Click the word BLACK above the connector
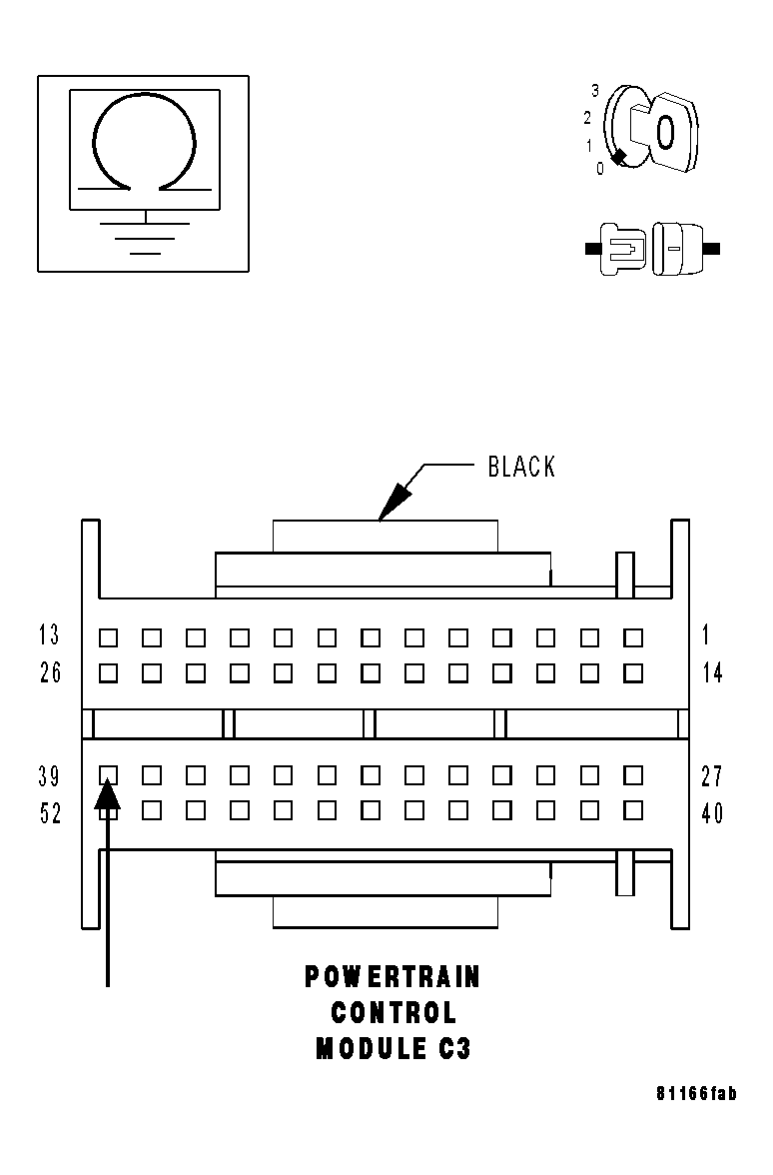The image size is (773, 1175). pyautogui.click(x=521, y=467)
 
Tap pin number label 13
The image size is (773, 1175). pyautogui.click(x=50, y=634)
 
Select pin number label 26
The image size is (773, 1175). pyautogui.click(x=50, y=673)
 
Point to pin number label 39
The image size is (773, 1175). pyautogui.click(x=50, y=776)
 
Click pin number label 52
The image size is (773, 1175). pyautogui.click(x=50, y=814)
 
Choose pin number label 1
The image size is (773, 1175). pyautogui.click(x=706, y=634)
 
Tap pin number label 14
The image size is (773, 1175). pyautogui.click(x=712, y=673)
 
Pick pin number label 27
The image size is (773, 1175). pyautogui.click(x=712, y=776)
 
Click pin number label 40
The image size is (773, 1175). pyautogui.click(x=712, y=814)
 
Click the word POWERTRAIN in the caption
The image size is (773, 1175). pyautogui.click(x=392, y=977)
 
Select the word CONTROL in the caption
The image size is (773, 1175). pyautogui.click(x=393, y=1013)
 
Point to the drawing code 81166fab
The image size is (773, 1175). pyautogui.click(x=696, y=1094)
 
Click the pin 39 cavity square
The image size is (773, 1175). pyautogui.click(x=109, y=774)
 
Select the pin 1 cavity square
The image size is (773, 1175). pyautogui.click(x=632, y=636)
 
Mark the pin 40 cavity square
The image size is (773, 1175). pyautogui.click(x=632, y=810)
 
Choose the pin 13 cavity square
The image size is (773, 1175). pyautogui.click(x=109, y=636)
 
